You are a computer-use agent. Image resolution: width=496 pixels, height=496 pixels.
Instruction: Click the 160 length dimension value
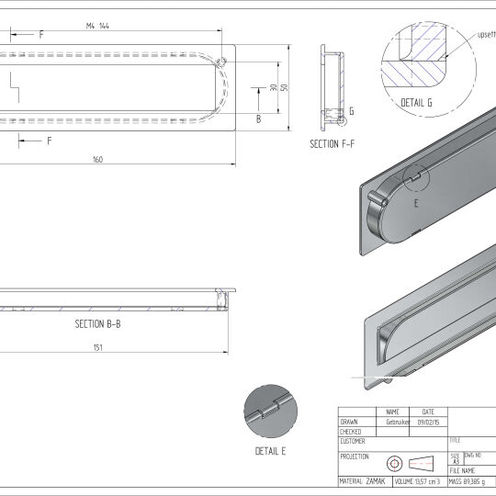click(x=97, y=160)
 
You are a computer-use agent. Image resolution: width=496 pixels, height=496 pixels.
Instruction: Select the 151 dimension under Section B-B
click(x=97, y=347)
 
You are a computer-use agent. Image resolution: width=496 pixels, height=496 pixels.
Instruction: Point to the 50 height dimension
click(x=285, y=88)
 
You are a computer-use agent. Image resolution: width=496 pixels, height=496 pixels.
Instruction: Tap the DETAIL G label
click(x=418, y=102)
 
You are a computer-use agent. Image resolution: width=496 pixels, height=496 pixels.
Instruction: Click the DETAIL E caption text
click(x=270, y=451)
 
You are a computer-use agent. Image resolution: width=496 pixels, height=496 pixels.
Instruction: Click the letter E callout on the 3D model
click(x=415, y=203)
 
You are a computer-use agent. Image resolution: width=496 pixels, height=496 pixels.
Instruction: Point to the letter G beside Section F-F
click(x=352, y=111)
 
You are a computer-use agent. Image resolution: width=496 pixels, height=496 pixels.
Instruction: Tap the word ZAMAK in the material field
click(x=375, y=480)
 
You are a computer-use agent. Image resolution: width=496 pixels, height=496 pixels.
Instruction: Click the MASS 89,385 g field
click(x=471, y=480)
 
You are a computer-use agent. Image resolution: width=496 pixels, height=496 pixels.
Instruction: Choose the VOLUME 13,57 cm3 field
click(x=419, y=480)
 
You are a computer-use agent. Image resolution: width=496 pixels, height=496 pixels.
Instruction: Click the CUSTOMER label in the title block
click(x=355, y=441)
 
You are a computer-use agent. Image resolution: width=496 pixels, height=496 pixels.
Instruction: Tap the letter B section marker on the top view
click(x=258, y=118)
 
